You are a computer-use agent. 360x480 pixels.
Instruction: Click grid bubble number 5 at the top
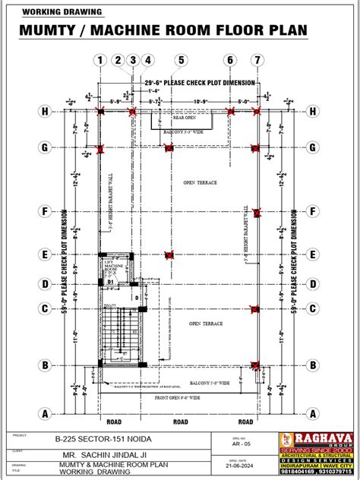click(181, 60)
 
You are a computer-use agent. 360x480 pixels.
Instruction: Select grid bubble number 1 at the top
click(99, 60)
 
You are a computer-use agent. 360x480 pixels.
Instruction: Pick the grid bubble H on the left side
click(46, 112)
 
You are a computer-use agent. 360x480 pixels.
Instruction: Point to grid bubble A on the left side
click(46, 413)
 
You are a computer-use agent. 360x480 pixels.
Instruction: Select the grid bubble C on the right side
click(311, 308)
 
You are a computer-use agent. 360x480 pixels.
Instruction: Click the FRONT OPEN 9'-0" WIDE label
click(178, 396)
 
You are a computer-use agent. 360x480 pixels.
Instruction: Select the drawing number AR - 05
click(239, 447)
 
